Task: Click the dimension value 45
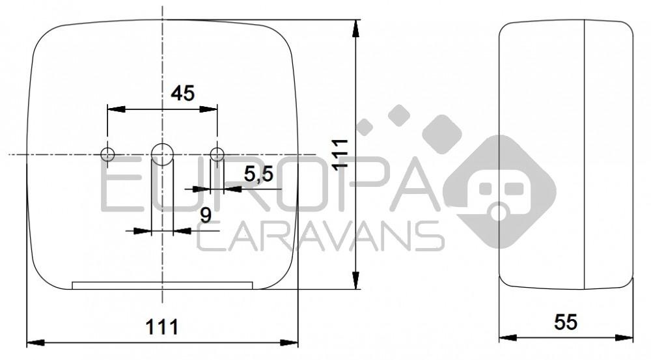[182, 94]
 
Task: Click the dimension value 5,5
[258, 174]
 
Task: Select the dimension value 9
[205, 215]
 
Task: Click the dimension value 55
[566, 322]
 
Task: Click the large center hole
[162, 154]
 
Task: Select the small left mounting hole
[107, 154]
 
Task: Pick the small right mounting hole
[217, 154]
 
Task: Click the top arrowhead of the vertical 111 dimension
[355, 27]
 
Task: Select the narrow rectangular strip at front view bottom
[162, 285]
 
